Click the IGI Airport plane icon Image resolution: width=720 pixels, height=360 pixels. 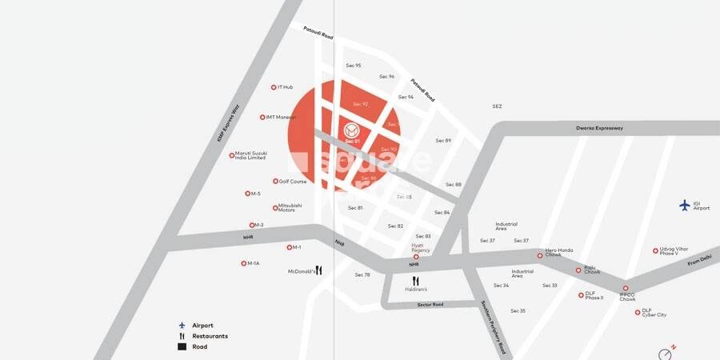[x=684, y=205]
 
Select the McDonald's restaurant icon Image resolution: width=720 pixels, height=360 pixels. [x=318, y=270]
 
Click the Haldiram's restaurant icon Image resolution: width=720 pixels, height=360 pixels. [x=415, y=281]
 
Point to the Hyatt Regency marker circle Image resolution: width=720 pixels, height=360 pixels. [x=416, y=257]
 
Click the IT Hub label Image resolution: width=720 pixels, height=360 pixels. [x=286, y=87]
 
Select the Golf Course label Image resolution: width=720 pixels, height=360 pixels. [x=293, y=182]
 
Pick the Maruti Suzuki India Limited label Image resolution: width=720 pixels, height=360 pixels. [x=250, y=155]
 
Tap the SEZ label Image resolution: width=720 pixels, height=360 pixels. [x=497, y=106]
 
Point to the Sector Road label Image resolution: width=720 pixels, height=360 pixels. [x=430, y=305]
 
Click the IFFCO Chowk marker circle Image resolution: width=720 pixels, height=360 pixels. [x=626, y=289]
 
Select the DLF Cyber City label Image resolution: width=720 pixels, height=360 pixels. [x=654, y=312]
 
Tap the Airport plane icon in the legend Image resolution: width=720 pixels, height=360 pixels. [x=182, y=326]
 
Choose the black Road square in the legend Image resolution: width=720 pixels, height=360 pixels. [x=182, y=346]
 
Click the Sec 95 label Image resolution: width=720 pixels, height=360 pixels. [x=353, y=66]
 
